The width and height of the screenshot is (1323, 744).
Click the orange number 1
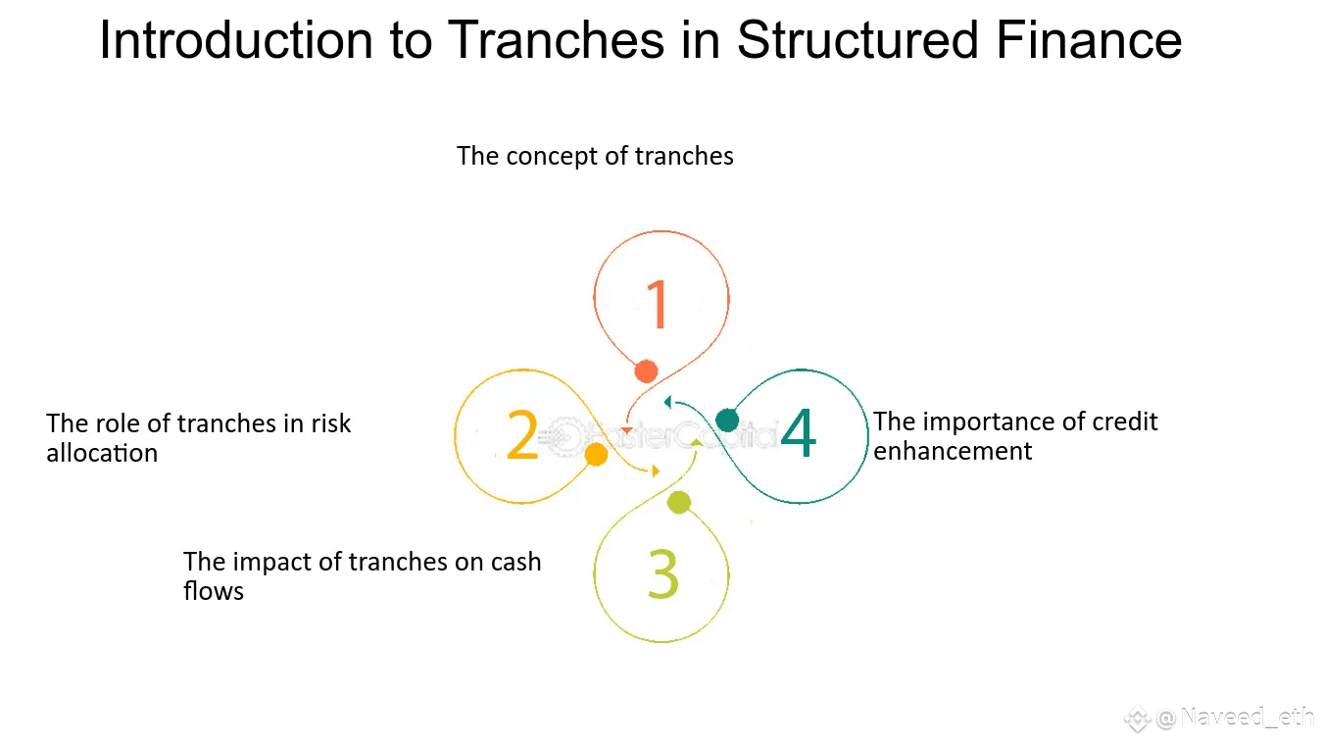point(658,304)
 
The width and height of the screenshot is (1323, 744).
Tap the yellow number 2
point(522,435)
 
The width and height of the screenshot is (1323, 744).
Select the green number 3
point(663,574)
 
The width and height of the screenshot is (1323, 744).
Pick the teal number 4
point(799,434)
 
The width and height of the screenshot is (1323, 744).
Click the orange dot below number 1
point(646,372)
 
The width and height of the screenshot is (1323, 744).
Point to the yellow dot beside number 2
point(596,455)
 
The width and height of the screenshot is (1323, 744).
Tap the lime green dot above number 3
point(679,503)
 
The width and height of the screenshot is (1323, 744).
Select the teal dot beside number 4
point(727,421)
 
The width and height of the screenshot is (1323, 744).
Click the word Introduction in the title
point(235,41)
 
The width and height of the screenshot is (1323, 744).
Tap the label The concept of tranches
point(595,156)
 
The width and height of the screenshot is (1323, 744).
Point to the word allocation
point(102,453)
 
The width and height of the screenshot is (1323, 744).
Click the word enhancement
point(953,451)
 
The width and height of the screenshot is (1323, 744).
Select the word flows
point(214,591)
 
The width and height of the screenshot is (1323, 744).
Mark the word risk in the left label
point(331,423)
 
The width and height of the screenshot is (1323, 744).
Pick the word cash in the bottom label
point(515,562)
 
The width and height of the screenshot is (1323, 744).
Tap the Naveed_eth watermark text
point(1247,718)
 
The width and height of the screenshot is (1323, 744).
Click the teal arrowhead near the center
point(667,402)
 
